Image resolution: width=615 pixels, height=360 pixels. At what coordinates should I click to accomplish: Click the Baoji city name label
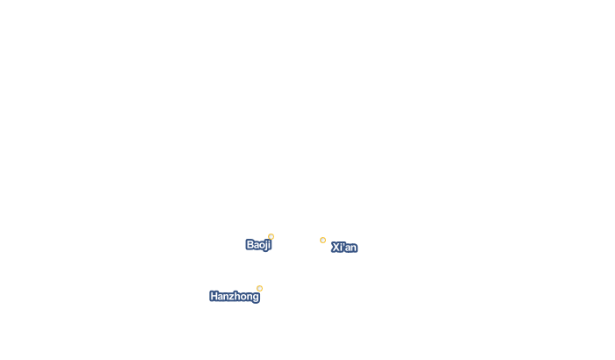coord(258,245)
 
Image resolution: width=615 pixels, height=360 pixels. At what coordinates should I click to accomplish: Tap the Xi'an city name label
coord(344,248)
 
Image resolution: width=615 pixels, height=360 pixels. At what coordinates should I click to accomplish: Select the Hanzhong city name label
coord(235,297)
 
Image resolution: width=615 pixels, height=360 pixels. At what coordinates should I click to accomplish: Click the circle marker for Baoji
coord(271,236)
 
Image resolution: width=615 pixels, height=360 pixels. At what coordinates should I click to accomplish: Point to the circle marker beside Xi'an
coord(322,240)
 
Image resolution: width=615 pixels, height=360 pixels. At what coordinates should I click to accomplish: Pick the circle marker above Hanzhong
coord(260,288)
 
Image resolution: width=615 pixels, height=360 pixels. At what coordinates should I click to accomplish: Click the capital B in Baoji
coord(250,245)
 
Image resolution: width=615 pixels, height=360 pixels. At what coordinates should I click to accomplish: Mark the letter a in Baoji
coord(257,246)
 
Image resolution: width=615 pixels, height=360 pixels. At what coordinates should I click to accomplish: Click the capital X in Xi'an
coord(336,248)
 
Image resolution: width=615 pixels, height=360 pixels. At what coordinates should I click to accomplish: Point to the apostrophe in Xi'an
coord(344,244)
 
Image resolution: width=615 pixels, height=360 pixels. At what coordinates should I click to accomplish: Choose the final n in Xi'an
coord(353,248)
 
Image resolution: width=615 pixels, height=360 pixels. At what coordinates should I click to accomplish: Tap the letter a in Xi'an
coord(348,248)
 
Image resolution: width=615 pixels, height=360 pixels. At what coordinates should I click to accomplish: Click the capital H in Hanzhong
coord(214,296)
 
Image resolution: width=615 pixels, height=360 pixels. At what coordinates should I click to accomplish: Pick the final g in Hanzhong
coord(256,298)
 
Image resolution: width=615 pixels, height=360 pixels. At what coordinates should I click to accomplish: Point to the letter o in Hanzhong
coord(243,298)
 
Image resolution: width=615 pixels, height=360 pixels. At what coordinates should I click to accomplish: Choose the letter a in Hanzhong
coord(221,298)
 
